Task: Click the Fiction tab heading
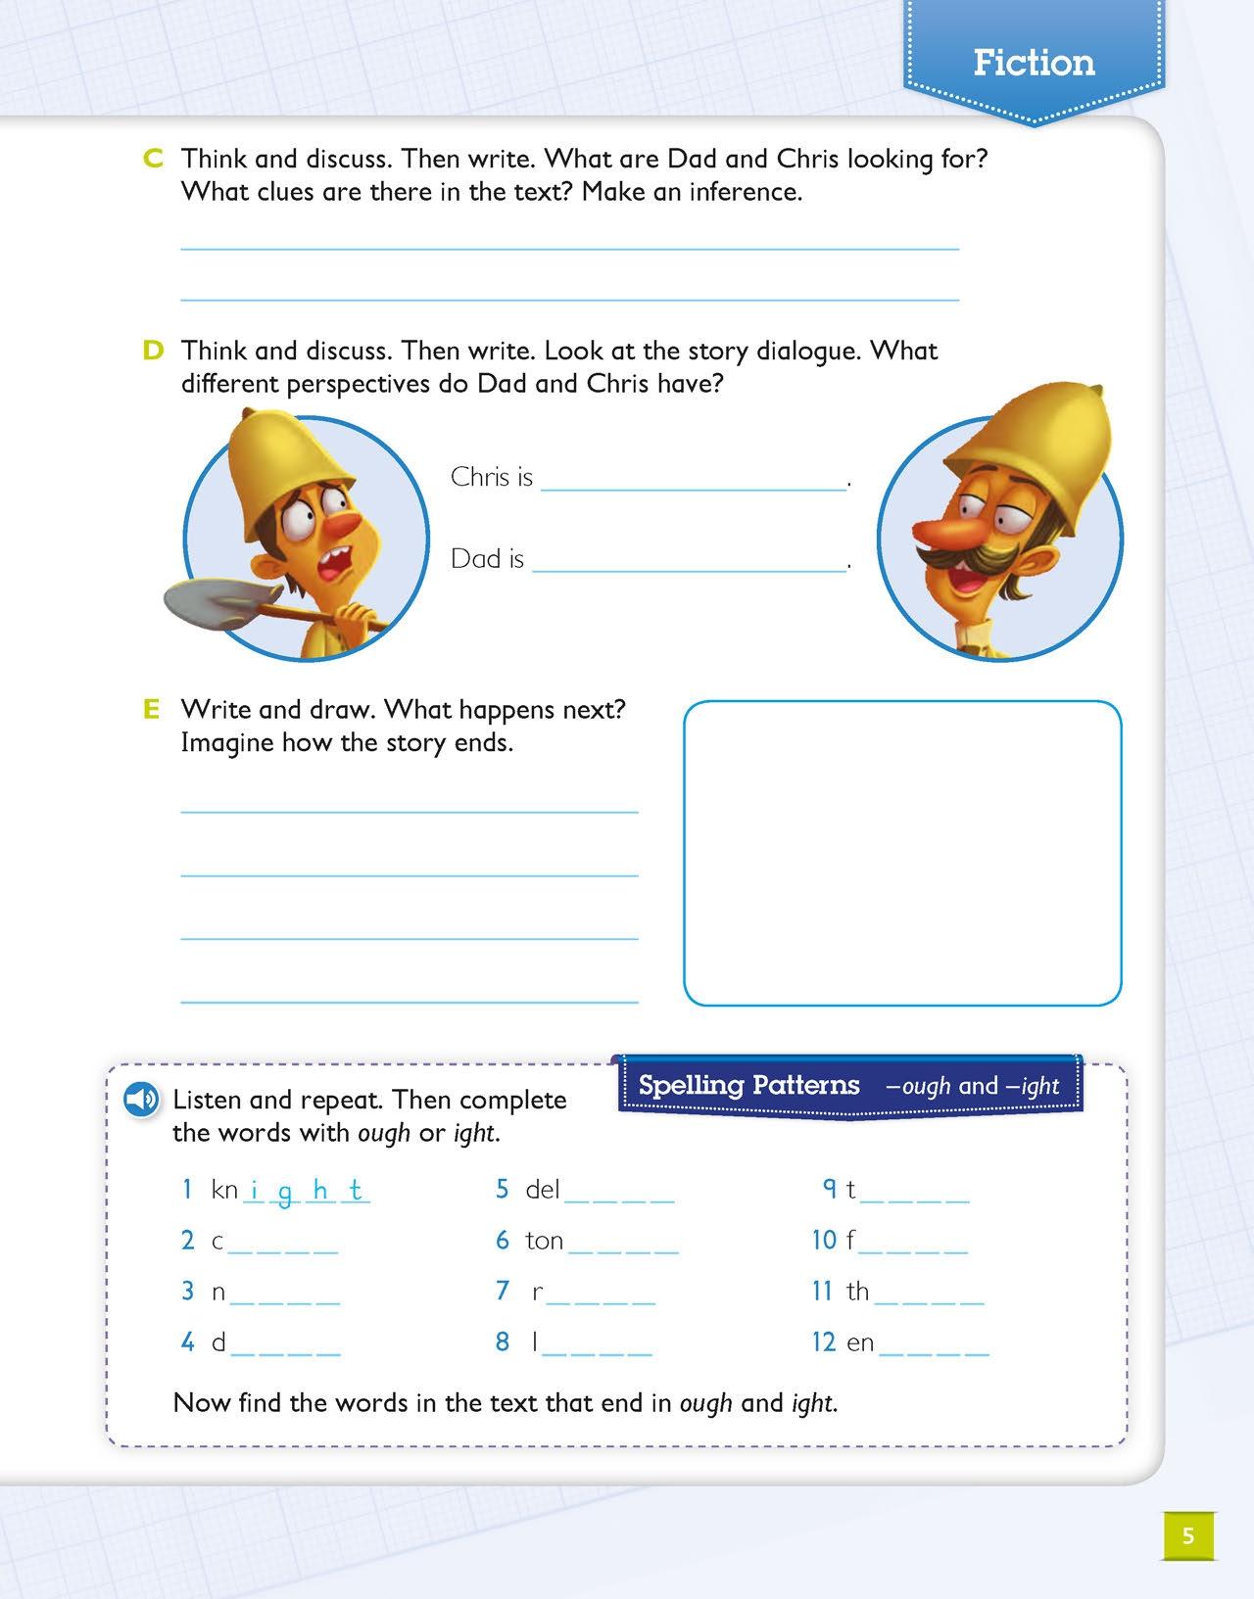pos(1034,63)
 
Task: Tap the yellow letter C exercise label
pos(153,159)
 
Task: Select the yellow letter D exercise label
pos(153,351)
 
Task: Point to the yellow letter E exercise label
pos(151,709)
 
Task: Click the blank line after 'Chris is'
pos(694,480)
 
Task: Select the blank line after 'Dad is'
pos(690,562)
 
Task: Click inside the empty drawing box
pos(901,852)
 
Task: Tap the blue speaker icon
pos(141,1100)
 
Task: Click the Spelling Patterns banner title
pos(748,1085)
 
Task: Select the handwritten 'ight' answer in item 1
pos(306,1191)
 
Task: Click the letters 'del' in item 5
pos(543,1190)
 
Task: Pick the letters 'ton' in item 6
pos(545,1241)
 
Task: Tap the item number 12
pos(823,1341)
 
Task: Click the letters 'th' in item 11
pos(858,1292)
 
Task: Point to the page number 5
pos(1188,1535)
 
